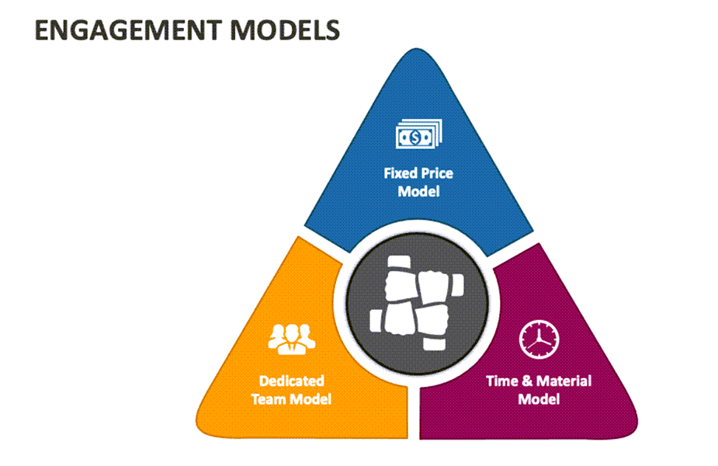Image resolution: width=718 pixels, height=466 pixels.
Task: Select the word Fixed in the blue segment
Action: point(400,173)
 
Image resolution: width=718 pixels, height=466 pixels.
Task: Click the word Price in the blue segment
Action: point(436,173)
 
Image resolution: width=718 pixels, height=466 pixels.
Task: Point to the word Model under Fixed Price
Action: point(418,191)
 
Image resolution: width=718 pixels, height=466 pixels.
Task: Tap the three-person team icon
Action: point(292,337)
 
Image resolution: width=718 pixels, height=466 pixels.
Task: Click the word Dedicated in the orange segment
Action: point(292,381)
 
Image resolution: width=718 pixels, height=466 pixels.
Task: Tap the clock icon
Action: point(539,338)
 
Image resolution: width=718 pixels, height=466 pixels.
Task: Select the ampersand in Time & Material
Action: point(527,381)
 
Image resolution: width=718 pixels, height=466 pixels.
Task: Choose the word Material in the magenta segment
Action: point(563,381)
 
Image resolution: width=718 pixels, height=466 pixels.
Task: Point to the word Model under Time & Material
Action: point(539,399)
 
